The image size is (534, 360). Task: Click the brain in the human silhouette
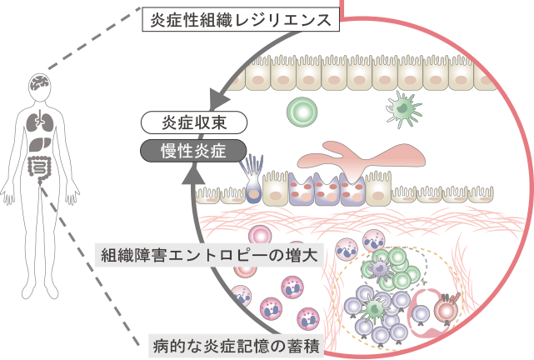(40, 83)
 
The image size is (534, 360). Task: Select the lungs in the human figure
(40, 122)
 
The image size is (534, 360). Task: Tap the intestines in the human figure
(40, 166)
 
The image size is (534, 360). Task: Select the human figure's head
(40, 84)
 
